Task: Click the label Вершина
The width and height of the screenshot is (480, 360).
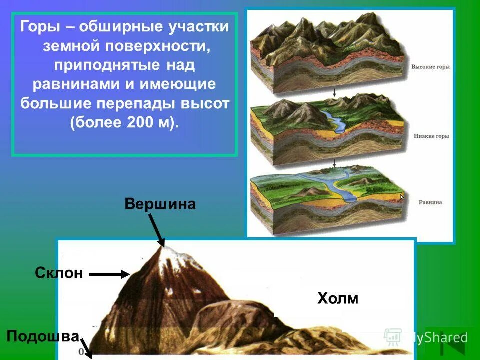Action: [x=160, y=204]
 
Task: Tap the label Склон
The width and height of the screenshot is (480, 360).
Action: [x=59, y=273]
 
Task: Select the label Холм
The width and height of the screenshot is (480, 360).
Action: [x=338, y=299]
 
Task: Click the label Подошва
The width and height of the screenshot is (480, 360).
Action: [x=43, y=336]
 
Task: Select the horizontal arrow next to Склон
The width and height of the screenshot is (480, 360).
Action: [x=109, y=274]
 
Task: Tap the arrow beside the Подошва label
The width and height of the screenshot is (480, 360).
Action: [x=86, y=347]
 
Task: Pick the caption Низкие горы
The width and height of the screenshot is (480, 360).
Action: [x=431, y=135]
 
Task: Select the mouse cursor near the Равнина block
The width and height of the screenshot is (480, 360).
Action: [x=402, y=197]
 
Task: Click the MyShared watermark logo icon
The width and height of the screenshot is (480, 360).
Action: [x=393, y=338]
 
